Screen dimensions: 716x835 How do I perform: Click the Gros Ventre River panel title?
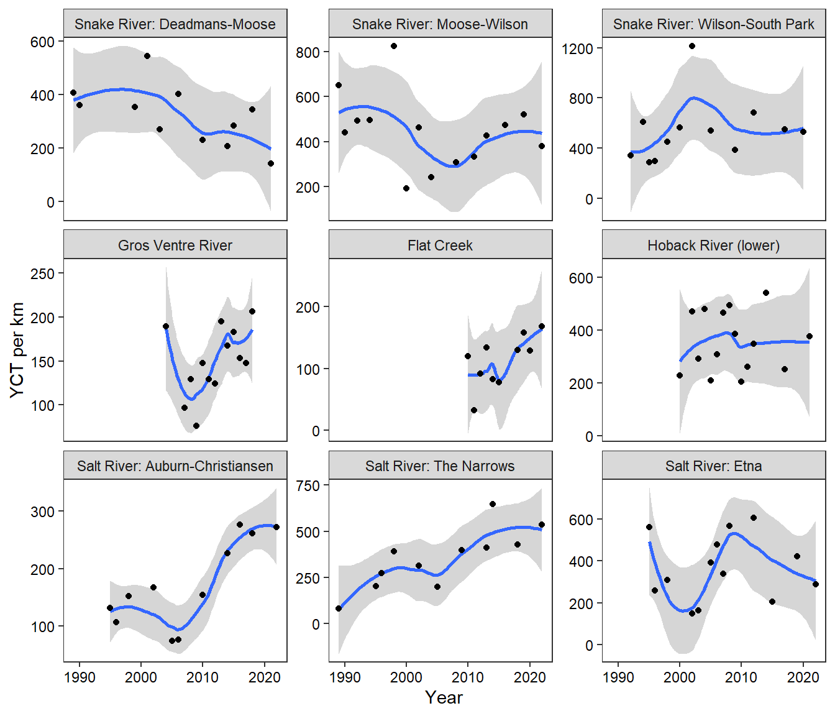point(175,246)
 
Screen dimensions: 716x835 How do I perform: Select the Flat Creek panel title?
point(440,246)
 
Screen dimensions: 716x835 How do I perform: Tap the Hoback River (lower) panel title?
point(713,246)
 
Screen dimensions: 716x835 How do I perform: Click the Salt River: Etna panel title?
point(713,466)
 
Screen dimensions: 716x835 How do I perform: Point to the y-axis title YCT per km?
point(17,350)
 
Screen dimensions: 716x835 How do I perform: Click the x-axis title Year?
point(444,698)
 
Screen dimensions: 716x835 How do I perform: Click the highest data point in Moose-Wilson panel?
point(394,46)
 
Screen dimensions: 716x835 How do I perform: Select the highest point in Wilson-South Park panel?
point(692,46)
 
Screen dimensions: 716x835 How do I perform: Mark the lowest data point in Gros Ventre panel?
point(196,426)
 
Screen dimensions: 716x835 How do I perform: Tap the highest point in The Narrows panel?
point(493,504)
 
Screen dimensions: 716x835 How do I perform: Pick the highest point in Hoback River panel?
point(766,293)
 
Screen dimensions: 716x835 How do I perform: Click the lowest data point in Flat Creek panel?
point(474,410)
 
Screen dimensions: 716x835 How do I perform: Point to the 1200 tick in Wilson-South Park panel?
point(577,48)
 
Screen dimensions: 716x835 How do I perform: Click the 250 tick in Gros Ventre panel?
point(42,273)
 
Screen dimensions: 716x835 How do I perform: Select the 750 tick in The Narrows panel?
point(308,485)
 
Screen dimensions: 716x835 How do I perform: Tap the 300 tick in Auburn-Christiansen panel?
point(42,512)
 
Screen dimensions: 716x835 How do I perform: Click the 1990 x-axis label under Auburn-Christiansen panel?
point(80,677)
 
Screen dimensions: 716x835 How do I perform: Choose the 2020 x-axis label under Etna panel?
point(803,677)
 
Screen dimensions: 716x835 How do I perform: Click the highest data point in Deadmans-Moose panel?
point(147,56)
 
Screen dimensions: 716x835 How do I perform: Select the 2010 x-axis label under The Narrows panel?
point(467,677)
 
